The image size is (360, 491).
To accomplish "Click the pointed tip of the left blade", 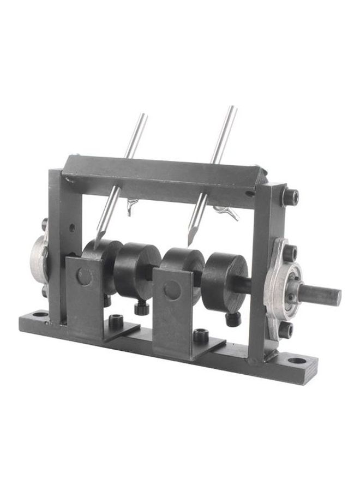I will tap(97, 247).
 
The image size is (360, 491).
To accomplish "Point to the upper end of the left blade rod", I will tap(143, 115).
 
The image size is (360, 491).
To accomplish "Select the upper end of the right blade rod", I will tap(232, 108).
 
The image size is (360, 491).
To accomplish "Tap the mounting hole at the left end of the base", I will tap(40, 315).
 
